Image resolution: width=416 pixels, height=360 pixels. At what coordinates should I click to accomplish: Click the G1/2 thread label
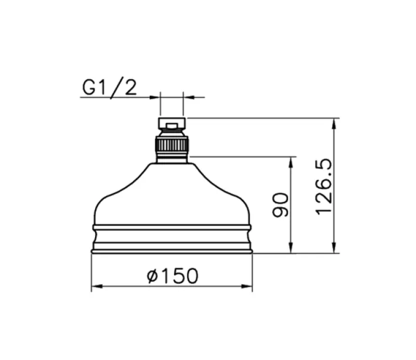tap(109, 87)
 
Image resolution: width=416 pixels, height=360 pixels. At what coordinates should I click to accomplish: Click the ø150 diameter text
tap(172, 275)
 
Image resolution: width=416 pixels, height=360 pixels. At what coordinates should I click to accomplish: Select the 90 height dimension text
tap(280, 205)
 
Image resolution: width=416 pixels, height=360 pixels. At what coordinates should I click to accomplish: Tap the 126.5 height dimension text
tap(323, 187)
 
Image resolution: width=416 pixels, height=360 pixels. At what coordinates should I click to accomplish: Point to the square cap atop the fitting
tap(172, 124)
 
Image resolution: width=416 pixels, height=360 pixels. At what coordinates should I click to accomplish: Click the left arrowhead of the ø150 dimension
tap(95, 286)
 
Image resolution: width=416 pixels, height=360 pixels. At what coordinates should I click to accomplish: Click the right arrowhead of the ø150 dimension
tap(249, 286)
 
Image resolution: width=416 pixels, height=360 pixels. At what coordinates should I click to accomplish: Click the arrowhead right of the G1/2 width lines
tap(188, 97)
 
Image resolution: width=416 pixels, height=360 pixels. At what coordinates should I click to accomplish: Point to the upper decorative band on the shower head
tap(172, 227)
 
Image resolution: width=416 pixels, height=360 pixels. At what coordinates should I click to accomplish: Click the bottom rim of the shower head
tap(172, 251)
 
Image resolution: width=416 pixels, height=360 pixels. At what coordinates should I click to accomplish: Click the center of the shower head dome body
tap(172, 198)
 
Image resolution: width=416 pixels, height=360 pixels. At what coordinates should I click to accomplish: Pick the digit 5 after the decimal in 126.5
tap(323, 168)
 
